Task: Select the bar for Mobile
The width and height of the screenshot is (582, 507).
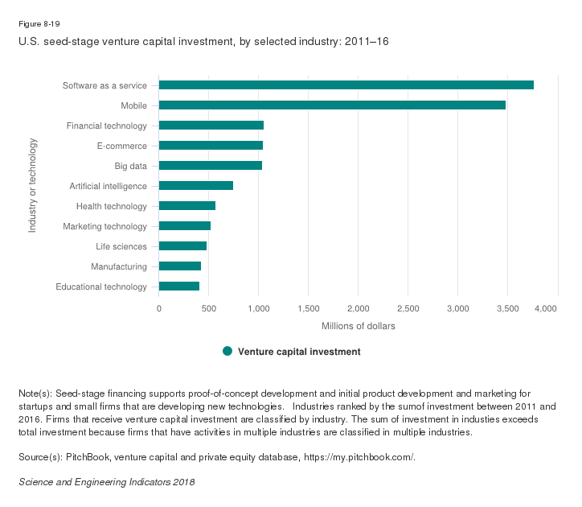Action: coord(332,105)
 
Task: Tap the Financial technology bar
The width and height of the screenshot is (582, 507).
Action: coord(211,126)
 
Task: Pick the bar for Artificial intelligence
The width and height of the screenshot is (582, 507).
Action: coord(196,186)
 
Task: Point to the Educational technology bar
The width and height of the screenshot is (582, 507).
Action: coord(179,286)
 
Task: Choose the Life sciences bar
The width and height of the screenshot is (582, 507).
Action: coord(182,246)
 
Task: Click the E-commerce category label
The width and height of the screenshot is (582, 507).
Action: coord(121,146)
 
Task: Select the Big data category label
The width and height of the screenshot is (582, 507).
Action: coord(130,166)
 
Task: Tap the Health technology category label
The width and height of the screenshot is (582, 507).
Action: coord(111,206)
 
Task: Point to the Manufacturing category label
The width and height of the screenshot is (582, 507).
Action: coord(119,266)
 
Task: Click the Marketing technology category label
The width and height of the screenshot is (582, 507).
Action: coord(105,226)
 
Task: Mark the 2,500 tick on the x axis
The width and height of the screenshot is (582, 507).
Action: coord(408,308)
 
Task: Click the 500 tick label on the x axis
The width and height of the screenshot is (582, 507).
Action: coord(209,308)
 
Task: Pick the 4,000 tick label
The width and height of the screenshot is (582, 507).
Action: coord(547,308)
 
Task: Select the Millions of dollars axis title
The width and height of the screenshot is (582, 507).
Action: coord(358,326)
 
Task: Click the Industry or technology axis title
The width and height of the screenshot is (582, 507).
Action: coord(33,186)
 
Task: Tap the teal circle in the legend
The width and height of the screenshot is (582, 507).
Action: coord(227,352)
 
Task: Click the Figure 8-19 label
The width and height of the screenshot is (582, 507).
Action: coord(39,23)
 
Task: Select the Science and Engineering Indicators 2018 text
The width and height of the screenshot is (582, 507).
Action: coord(106,481)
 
